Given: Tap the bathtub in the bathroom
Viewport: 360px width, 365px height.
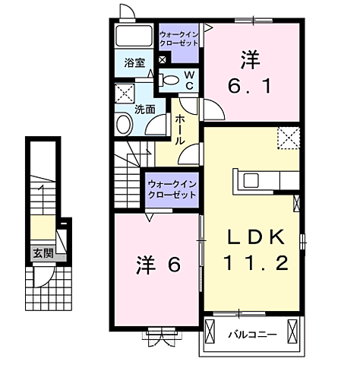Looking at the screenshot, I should pos(135,37).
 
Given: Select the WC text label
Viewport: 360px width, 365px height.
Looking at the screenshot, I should pos(189,78).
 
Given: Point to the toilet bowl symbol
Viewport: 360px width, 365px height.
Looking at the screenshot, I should pos(171,79).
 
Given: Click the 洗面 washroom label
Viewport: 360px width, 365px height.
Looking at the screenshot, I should pos(145,109).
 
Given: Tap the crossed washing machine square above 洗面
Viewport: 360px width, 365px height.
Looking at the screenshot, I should pos(123,95).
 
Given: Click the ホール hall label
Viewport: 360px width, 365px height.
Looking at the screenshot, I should pos(182,130).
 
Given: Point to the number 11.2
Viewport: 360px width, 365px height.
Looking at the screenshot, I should pos(257,264).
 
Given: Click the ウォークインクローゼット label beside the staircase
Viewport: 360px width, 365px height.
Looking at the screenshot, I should pos(172,189).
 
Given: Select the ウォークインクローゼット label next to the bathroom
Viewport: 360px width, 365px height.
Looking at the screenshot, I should pos(179,40).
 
